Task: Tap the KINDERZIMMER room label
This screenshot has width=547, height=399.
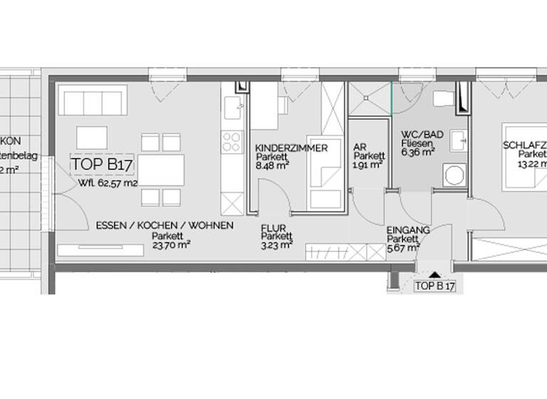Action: coord(291,148)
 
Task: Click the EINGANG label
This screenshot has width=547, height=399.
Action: coord(407,230)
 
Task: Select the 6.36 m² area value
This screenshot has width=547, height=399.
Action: coord(417,151)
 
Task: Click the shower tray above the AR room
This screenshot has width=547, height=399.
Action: coord(369,98)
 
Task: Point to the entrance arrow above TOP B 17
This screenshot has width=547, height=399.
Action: coord(434,274)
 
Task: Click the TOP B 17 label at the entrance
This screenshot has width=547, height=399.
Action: coord(434,286)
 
